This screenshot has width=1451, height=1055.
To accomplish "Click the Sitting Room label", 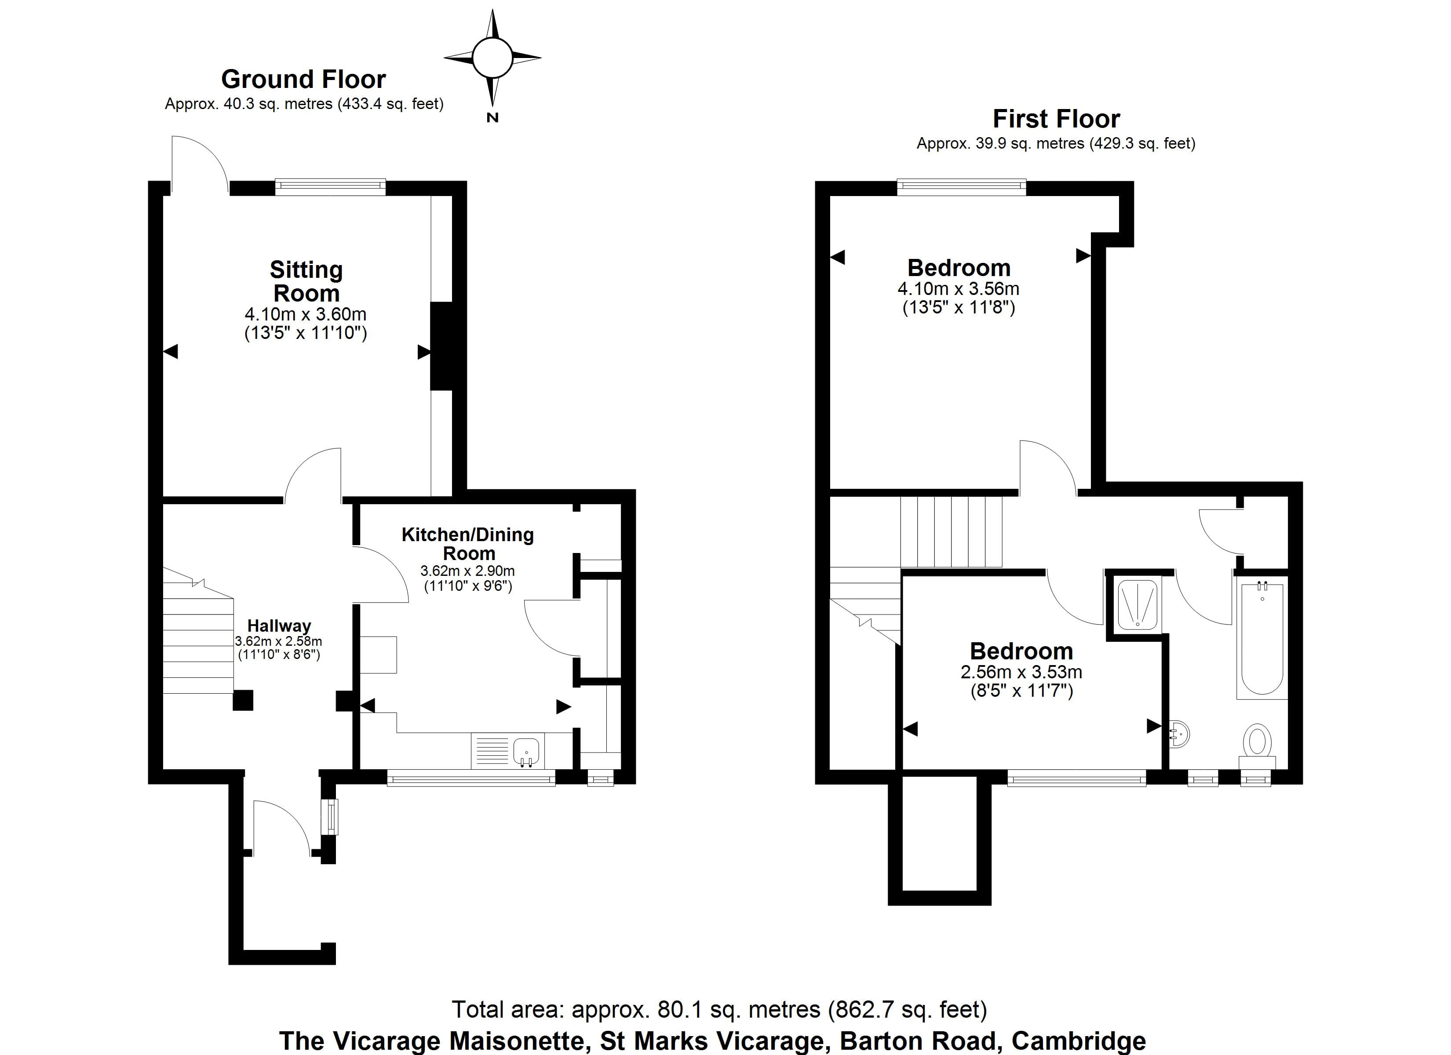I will click(306, 281).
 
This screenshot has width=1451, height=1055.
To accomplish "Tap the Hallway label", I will click(279, 626).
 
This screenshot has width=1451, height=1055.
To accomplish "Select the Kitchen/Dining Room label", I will click(468, 544).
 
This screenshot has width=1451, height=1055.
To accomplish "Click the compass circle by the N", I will click(492, 58).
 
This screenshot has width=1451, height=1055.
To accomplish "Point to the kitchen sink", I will click(526, 750).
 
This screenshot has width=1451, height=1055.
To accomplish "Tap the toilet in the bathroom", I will click(1257, 742).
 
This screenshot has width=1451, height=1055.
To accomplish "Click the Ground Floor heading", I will click(303, 79).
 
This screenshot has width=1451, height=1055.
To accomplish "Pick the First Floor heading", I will click(1056, 119).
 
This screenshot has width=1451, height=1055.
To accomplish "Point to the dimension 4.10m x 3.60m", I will click(305, 314).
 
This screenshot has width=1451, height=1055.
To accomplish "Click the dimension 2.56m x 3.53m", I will click(1021, 673).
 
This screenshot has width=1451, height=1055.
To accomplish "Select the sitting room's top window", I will click(330, 187).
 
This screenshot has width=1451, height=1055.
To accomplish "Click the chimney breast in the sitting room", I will click(441, 346).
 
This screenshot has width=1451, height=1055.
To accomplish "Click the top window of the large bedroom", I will click(961, 187).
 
